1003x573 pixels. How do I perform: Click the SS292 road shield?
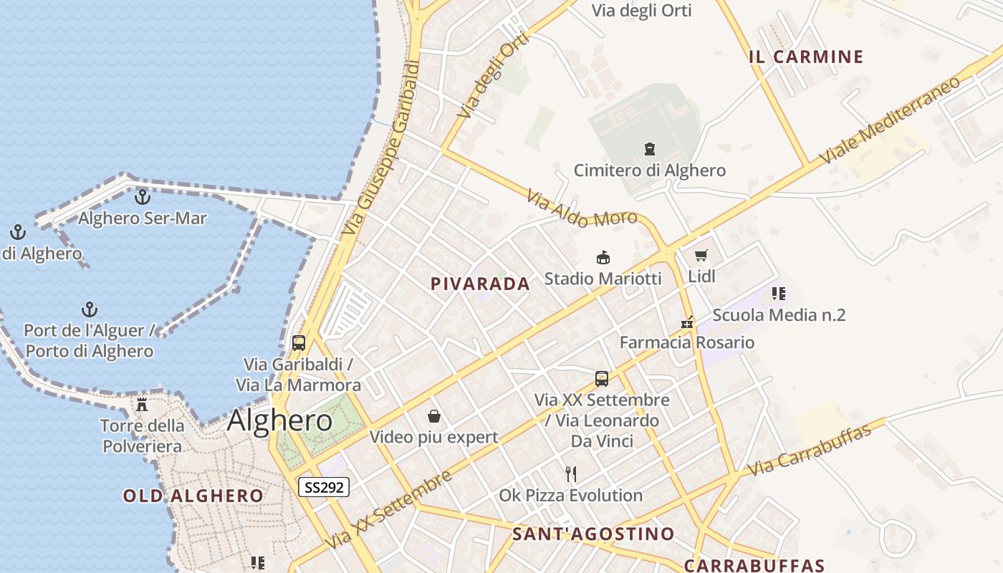[324, 488]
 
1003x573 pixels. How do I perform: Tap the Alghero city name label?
[280, 420]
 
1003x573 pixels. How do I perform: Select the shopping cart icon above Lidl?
[701, 255]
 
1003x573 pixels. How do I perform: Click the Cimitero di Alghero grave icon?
[649, 149]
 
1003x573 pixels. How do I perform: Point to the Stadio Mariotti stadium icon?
[603, 257]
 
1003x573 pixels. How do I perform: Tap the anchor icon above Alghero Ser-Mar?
[143, 196]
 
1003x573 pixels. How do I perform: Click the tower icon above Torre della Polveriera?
[142, 405]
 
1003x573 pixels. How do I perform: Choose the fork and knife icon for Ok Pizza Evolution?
[571, 473]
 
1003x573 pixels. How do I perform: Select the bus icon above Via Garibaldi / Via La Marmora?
[299, 343]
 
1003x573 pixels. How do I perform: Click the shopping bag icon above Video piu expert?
[433, 416]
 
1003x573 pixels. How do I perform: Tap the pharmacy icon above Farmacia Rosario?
[687, 322]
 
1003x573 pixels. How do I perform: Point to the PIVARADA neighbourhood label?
[480, 284]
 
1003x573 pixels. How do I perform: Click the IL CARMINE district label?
[806, 57]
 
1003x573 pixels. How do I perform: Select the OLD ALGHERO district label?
[193, 496]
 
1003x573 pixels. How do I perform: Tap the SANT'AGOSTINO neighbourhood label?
[593, 534]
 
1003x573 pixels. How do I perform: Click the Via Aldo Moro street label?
[582, 209]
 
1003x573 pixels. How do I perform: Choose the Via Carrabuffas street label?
[810, 449]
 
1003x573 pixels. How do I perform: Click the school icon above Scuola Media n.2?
[779, 293]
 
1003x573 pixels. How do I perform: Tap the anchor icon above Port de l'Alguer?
[90, 309]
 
